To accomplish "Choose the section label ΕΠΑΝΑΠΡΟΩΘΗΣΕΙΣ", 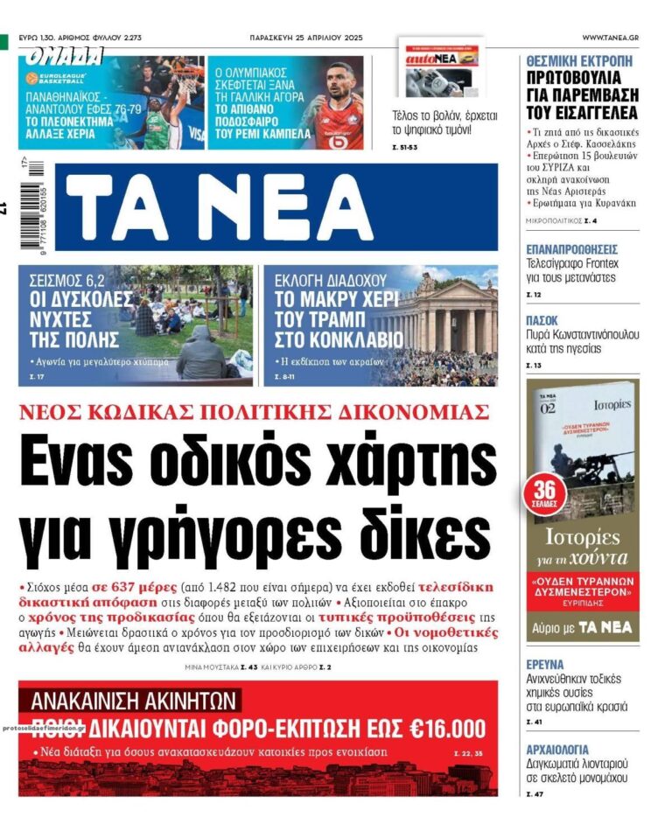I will tap(571, 249).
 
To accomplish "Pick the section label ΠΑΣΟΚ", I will tap(542, 320).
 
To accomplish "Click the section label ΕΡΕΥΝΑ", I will tap(545, 665).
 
